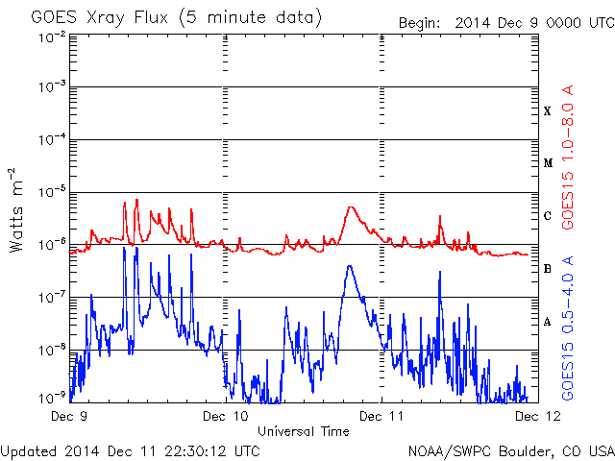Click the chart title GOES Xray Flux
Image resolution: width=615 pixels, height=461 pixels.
[99, 17]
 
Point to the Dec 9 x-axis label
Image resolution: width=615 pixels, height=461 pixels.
[69, 416]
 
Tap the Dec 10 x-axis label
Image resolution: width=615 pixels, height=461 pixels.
[226, 416]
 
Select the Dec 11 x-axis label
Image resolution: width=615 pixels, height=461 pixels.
[381, 416]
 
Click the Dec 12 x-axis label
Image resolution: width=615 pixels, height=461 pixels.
[538, 416]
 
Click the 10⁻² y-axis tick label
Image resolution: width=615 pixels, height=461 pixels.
[52, 37]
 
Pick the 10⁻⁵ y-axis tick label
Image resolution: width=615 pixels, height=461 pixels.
[52, 192]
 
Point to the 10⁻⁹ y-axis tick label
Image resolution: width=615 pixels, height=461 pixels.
[52, 398]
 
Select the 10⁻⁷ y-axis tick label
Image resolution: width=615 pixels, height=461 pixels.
[52, 298]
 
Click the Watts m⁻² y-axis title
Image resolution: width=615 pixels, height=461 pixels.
[16, 210]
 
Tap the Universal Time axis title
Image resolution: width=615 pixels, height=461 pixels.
[304, 431]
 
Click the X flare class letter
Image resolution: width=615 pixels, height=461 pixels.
[548, 111]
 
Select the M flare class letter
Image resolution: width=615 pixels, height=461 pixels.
[548, 163]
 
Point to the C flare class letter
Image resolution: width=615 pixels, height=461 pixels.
[548, 215]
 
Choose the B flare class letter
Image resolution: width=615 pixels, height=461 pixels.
[548, 269]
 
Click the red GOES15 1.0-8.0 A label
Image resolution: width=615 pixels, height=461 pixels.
[568, 158]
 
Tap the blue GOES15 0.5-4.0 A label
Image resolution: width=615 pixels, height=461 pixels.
[568, 328]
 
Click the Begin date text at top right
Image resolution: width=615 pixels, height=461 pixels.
[506, 23]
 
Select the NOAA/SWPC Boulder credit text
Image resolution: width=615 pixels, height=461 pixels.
[511, 451]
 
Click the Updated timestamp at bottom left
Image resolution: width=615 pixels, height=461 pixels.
[131, 451]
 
